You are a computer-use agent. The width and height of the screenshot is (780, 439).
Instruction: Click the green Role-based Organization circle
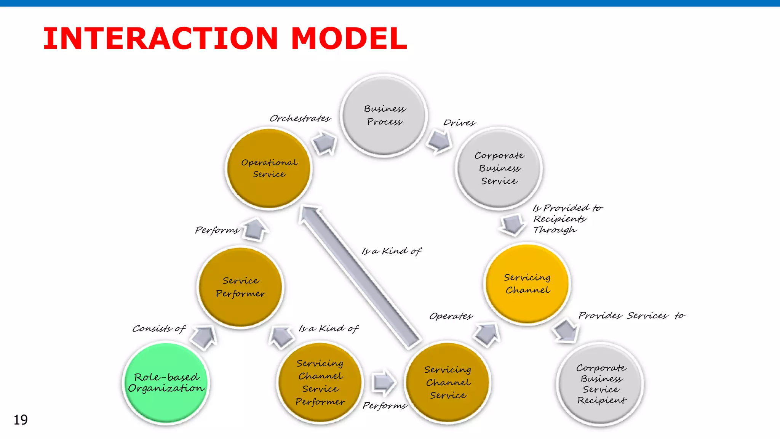(166, 383)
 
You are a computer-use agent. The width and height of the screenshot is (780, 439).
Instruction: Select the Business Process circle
(384, 115)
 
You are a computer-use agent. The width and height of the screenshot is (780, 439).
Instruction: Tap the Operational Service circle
(269, 168)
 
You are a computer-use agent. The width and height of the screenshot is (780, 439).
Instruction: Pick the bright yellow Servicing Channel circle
(527, 284)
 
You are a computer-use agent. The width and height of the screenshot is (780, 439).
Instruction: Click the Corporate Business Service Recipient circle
(601, 384)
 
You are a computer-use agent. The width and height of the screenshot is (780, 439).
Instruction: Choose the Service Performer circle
(240, 287)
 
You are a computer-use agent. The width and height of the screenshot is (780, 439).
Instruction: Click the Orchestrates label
(300, 119)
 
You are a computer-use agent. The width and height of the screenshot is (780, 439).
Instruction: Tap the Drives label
(459, 123)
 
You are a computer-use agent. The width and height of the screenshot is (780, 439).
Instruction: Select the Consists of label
(159, 328)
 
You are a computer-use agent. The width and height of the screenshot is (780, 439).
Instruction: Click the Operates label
(451, 316)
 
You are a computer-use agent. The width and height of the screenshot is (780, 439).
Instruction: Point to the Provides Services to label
(631, 316)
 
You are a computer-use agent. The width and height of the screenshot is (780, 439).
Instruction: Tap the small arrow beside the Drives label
(439, 141)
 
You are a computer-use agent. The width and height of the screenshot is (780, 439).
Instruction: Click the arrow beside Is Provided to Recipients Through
(513, 224)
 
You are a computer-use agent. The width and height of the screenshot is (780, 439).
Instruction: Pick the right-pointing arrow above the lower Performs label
(384, 382)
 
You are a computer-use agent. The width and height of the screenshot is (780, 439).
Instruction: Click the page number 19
(21, 420)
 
